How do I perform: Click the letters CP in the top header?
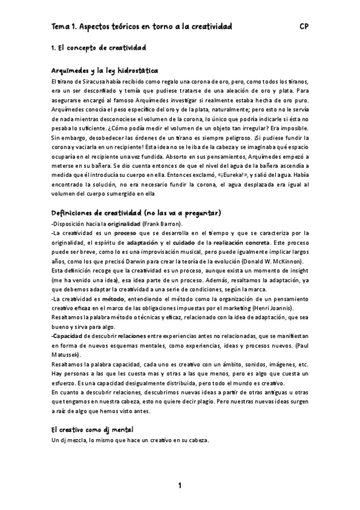click(304, 27)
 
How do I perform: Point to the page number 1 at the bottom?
click(179, 486)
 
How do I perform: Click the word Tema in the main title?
click(60, 27)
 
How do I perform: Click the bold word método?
click(113, 299)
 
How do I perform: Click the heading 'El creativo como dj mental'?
click(92, 430)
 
